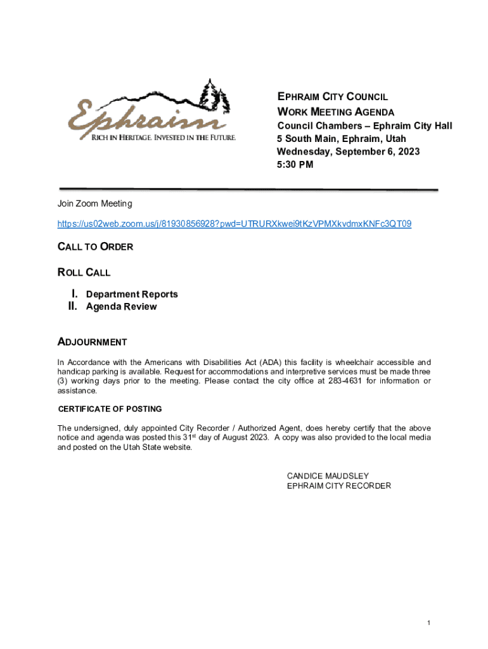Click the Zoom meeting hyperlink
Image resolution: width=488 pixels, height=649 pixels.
(234, 224)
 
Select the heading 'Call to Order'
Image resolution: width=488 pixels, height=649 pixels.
(95, 247)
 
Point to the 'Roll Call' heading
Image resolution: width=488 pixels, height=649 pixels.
(84, 273)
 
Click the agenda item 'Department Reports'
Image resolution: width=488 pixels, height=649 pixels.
(132, 294)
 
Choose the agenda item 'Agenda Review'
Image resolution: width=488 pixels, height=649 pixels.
(121, 307)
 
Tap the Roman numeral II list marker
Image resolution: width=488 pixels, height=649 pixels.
(72, 307)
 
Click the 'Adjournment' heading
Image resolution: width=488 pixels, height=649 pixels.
(93, 342)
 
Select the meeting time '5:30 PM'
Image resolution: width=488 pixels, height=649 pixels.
(295, 165)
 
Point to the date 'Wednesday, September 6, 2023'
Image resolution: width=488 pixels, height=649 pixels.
(348, 152)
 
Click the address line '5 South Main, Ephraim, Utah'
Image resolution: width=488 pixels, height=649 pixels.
(341, 139)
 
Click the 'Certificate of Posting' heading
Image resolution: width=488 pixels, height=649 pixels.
(110, 409)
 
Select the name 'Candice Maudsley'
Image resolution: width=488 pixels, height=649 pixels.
(328, 475)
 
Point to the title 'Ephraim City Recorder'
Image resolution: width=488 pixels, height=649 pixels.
(338, 486)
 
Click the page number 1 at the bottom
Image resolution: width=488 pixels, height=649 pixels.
(429, 623)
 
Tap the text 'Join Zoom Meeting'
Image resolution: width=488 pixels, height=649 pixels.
(94, 203)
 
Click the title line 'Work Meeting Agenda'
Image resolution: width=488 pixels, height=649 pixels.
(335, 112)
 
